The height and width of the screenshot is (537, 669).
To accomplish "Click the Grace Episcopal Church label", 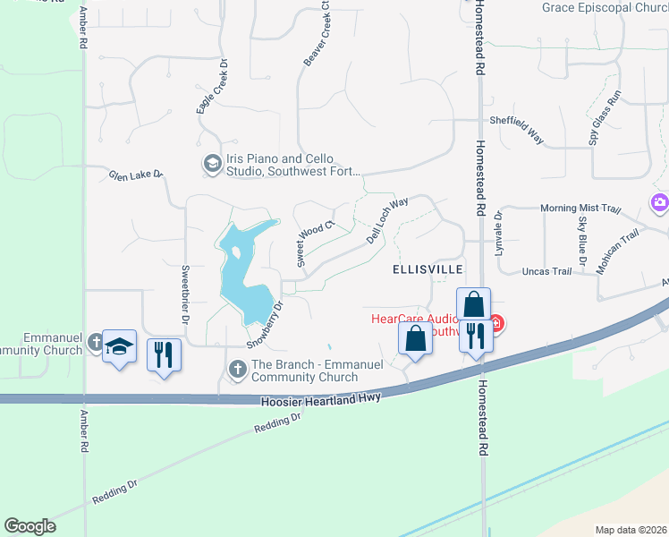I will click(x=605, y=8).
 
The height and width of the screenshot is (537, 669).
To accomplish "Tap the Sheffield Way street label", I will click(x=516, y=129).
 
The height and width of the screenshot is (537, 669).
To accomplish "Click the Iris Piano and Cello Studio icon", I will click(x=212, y=163).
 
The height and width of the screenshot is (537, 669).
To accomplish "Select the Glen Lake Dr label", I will click(x=136, y=175).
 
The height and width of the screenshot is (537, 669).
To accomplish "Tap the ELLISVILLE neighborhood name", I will click(x=428, y=268).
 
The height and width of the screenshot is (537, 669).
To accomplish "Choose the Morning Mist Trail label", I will click(x=580, y=209).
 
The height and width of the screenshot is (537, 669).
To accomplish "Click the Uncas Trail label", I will click(x=546, y=271).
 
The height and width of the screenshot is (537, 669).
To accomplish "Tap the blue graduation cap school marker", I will click(x=118, y=346).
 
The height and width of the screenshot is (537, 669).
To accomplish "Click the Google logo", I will click(x=30, y=526).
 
